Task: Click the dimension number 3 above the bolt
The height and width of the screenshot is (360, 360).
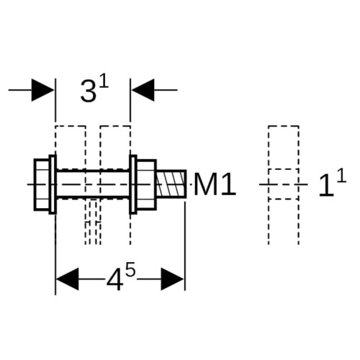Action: coord(89,91)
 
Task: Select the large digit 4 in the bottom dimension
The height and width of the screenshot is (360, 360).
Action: coord(115,280)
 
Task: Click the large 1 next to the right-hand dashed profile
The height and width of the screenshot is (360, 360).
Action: coord(326,185)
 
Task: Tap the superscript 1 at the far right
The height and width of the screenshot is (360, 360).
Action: coord(342,176)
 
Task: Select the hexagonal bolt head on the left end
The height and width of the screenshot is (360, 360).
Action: coord(42,184)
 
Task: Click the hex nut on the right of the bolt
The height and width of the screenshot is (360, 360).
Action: coord(146,184)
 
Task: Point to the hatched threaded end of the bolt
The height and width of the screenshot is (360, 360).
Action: coord(171,184)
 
